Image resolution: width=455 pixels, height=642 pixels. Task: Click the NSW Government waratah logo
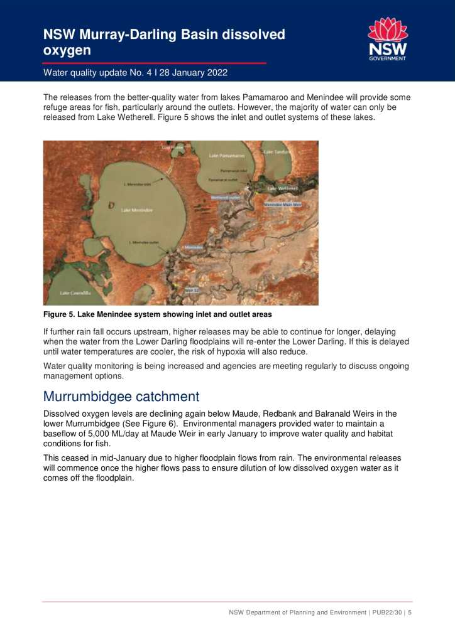click(387, 39)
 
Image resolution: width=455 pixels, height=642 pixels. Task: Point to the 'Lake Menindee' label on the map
click(136, 210)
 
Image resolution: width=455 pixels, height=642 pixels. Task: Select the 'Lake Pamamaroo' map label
click(227, 154)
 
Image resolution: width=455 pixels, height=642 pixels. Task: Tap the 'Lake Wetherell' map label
click(283, 188)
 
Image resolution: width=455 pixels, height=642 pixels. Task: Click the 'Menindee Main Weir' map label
click(282, 205)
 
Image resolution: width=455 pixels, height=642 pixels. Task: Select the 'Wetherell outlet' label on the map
click(226, 197)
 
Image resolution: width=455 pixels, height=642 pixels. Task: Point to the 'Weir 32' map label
click(192, 290)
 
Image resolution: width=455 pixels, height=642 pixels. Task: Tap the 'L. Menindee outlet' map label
click(143, 242)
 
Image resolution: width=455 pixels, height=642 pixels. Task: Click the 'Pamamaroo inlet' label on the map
click(234, 170)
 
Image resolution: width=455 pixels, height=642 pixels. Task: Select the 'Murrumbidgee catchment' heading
click(121, 397)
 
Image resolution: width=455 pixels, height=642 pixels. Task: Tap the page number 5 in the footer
click(410, 613)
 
